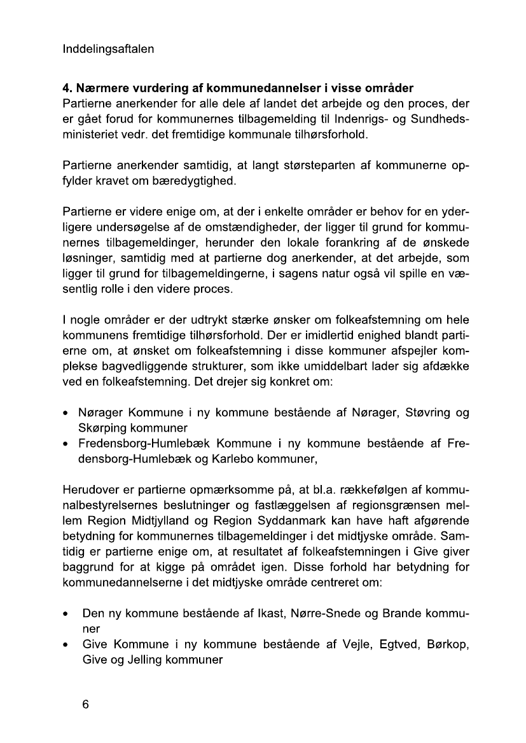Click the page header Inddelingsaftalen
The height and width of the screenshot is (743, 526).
coord(108,49)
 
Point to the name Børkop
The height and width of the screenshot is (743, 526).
coord(448,645)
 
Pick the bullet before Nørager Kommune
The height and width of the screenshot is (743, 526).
coord(66,413)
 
